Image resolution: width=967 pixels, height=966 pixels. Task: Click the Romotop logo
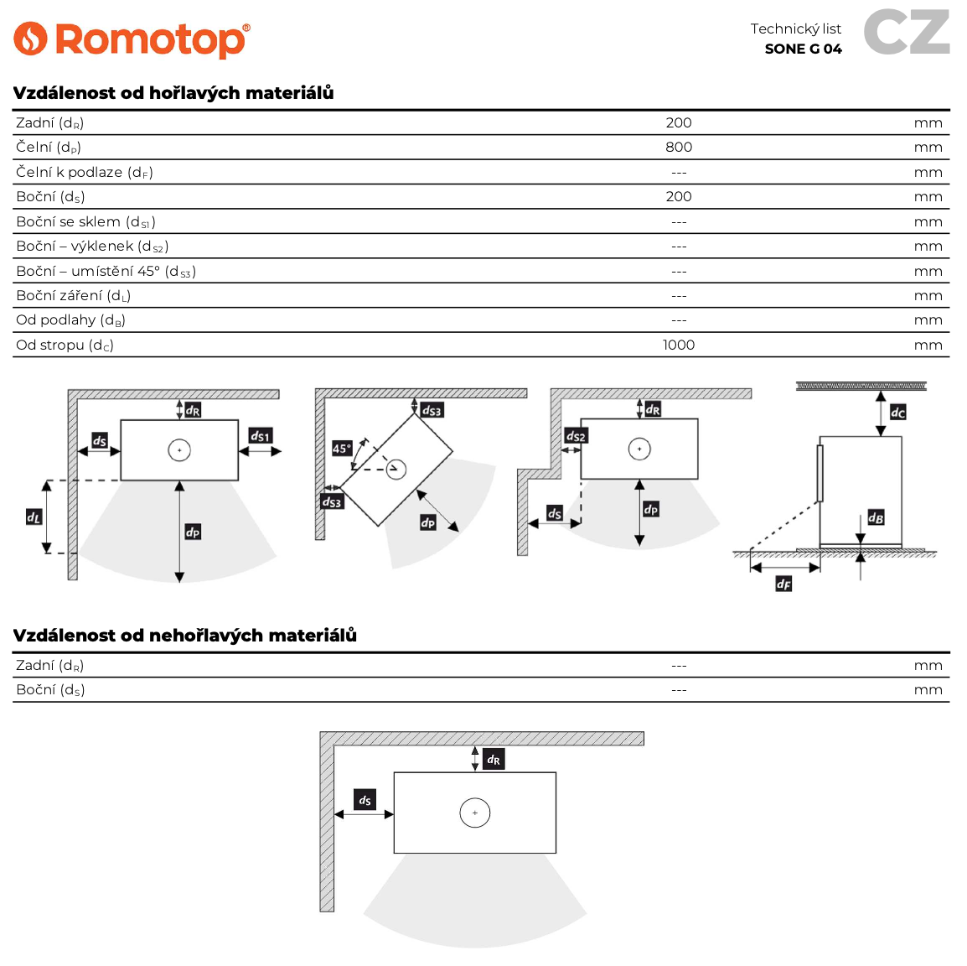pyautogui.click(x=132, y=39)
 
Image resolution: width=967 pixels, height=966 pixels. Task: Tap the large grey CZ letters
pyautogui.click(x=907, y=32)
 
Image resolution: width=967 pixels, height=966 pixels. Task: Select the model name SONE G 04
pyautogui.click(x=803, y=49)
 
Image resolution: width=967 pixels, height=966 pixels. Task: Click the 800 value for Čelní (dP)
pyautogui.click(x=678, y=147)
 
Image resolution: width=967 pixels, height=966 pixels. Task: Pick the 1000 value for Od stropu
pyautogui.click(x=678, y=345)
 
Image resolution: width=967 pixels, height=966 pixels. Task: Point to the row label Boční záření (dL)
pyautogui.click(x=73, y=295)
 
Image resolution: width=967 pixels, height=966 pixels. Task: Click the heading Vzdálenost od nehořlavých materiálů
pyautogui.click(x=184, y=635)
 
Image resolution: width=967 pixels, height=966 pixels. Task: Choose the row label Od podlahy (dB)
pyautogui.click(x=70, y=319)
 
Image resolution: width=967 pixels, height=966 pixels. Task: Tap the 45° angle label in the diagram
pyautogui.click(x=342, y=449)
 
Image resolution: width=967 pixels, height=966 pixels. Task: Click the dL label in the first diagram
pyautogui.click(x=34, y=517)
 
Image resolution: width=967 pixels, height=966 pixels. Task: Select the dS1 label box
pyautogui.click(x=261, y=436)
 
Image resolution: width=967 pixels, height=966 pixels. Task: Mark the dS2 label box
pyautogui.click(x=576, y=436)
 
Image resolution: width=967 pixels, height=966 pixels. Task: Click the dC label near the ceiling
pyautogui.click(x=897, y=412)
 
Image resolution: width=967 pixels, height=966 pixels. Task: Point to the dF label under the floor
pyautogui.click(x=783, y=584)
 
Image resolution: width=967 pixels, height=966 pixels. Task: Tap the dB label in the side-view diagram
pyautogui.click(x=876, y=517)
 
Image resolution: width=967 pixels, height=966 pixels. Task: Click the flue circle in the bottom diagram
pyautogui.click(x=474, y=813)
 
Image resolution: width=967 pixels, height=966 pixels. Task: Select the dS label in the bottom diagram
pyautogui.click(x=365, y=800)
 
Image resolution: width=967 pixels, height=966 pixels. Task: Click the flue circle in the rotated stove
pyautogui.click(x=396, y=469)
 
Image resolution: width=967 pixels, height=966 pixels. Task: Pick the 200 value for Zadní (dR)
pyautogui.click(x=678, y=122)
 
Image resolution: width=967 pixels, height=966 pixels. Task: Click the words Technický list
pyautogui.click(x=795, y=29)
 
